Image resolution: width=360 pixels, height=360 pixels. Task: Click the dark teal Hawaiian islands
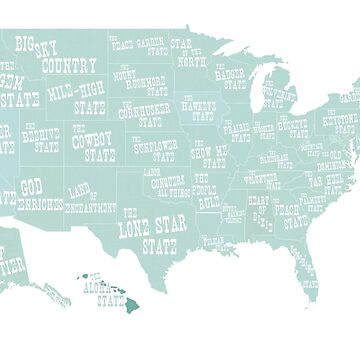(95, 291)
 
